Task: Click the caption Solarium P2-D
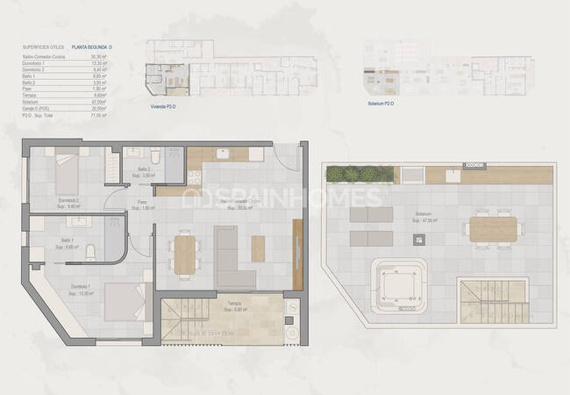coord(381,102)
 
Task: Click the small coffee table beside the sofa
coord(258,249)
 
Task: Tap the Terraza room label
coord(234,304)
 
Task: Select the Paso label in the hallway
coord(142,204)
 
